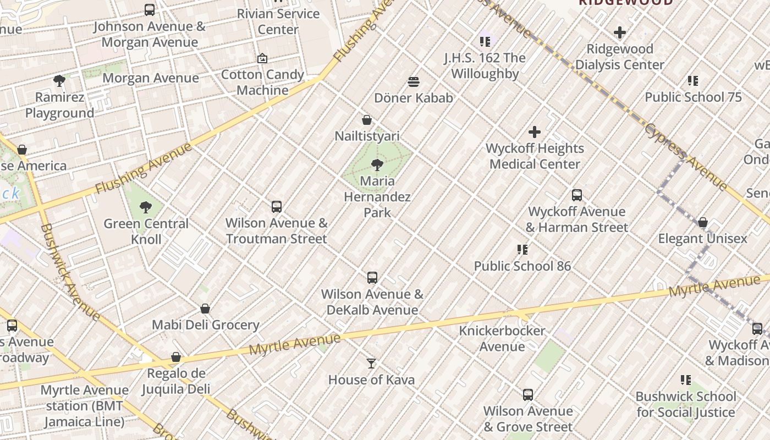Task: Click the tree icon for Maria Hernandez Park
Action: tap(377, 164)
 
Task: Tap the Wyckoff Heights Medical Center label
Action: tap(535, 156)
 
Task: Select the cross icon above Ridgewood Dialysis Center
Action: tap(620, 32)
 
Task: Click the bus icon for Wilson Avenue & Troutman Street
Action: tap(277, 207)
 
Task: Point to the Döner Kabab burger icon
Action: tap(414, 82)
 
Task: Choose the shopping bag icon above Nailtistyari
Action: tap(367, 120)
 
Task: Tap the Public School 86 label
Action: tap(522, 266)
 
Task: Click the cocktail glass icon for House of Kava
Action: tap(371, 364)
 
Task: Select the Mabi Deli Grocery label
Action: tap(205, 325)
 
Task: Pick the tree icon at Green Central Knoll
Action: tap(146, 207)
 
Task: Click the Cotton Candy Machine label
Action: tap(262, 82)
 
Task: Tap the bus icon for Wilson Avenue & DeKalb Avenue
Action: tap(372, 278)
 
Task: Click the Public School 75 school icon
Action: tap(693, 81)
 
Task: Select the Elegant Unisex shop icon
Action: tap(703, 223)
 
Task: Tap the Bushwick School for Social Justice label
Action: tap(685, 404)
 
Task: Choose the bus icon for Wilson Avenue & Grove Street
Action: tap(528, 395)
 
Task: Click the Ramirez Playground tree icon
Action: tap(59, 81)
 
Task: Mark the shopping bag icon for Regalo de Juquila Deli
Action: tap(176, 358)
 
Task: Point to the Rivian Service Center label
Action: tap(278, 21)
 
